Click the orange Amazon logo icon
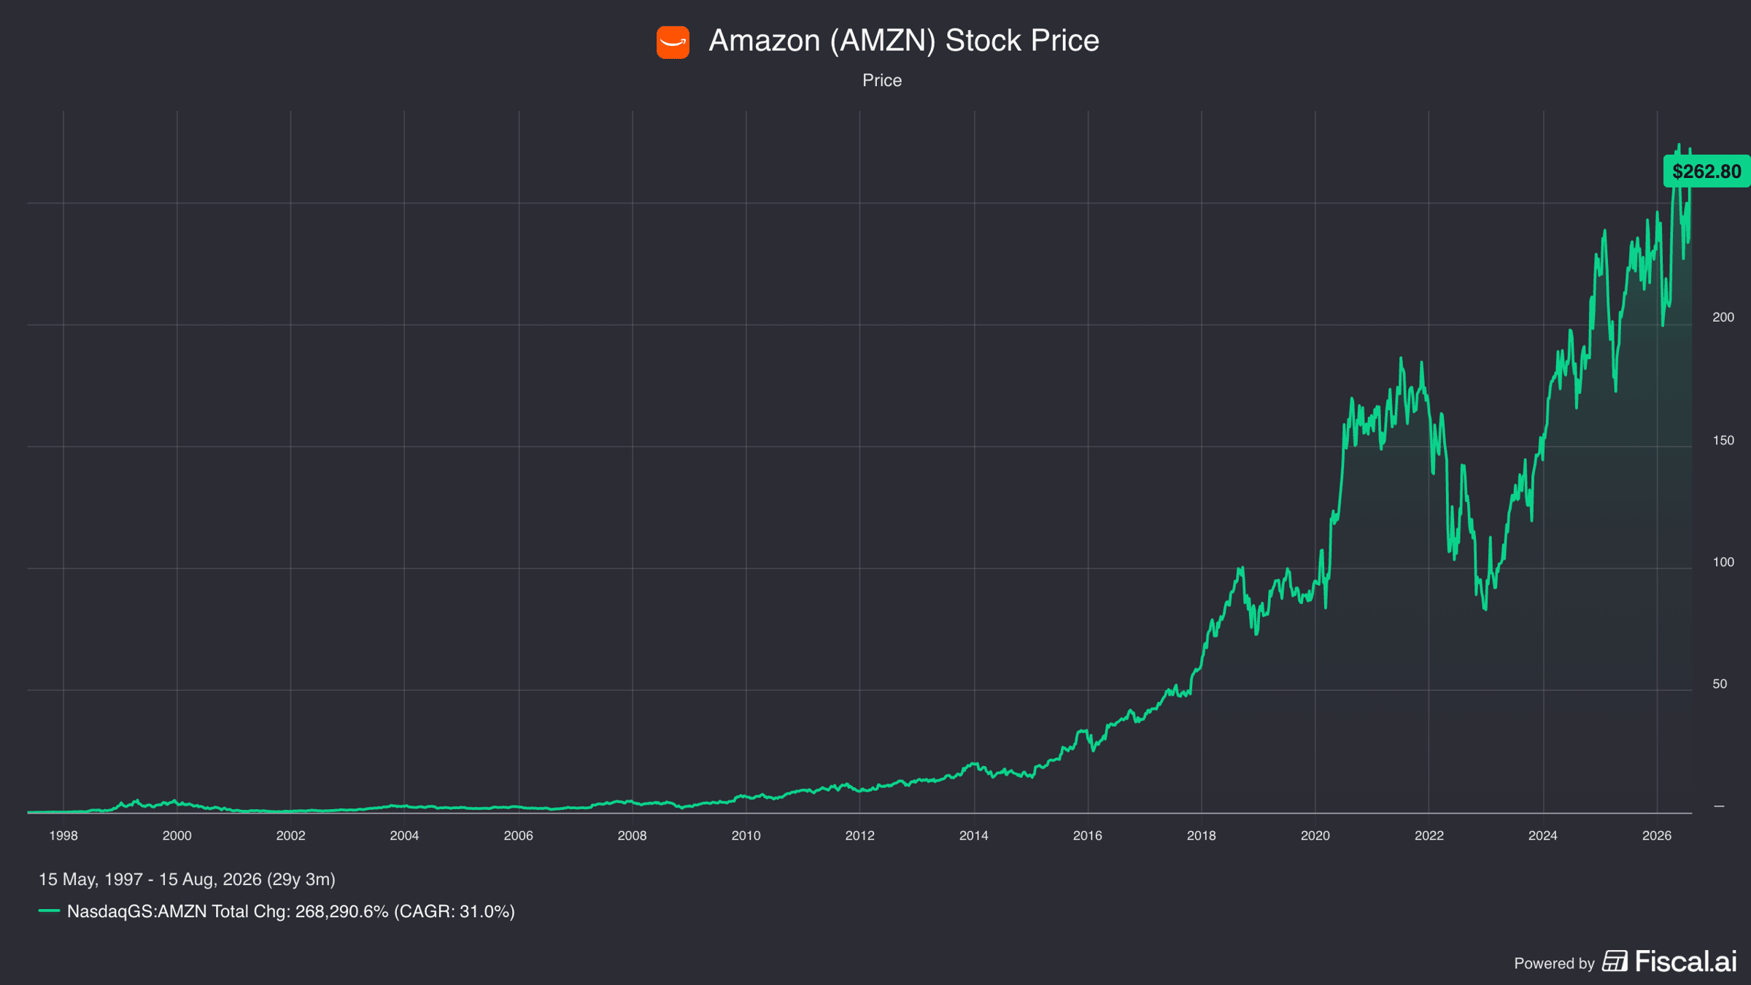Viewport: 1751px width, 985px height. click(x=673, y=42)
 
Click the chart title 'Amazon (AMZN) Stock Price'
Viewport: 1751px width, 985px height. click(x=904, y=41)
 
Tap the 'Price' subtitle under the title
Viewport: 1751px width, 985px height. click(x=882, y=80)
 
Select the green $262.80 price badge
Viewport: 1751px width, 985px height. click(x=1706, y=171)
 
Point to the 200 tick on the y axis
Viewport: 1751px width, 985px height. click(x=1723, y=317)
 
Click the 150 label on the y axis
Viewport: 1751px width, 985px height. click(x=1723, y=441)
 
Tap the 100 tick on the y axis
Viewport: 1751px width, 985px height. click(x=1723, y=563)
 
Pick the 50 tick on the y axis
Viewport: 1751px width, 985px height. click(x=1720, y=684)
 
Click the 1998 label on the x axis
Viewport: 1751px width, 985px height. click(x=63, y=836)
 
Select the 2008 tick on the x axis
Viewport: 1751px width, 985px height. click(x=632, y=836)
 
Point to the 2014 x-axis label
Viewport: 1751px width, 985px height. click(x=973, y=836)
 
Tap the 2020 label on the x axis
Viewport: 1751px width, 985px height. click(x=1315, y=836)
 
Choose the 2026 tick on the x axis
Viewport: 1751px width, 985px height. click(x=1656, y=836)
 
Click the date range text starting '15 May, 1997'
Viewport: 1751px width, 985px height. click(x=187, y=880)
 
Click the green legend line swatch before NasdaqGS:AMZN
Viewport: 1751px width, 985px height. click(x=49, y=911)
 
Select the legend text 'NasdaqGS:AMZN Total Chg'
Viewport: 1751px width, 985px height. click(x=179, y=912)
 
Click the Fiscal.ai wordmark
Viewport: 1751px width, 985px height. click(x=1685, y=962)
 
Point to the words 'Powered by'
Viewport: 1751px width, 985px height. click(x=1554, y=964)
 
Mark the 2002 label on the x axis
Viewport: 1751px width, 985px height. click(x=290, y=836)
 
